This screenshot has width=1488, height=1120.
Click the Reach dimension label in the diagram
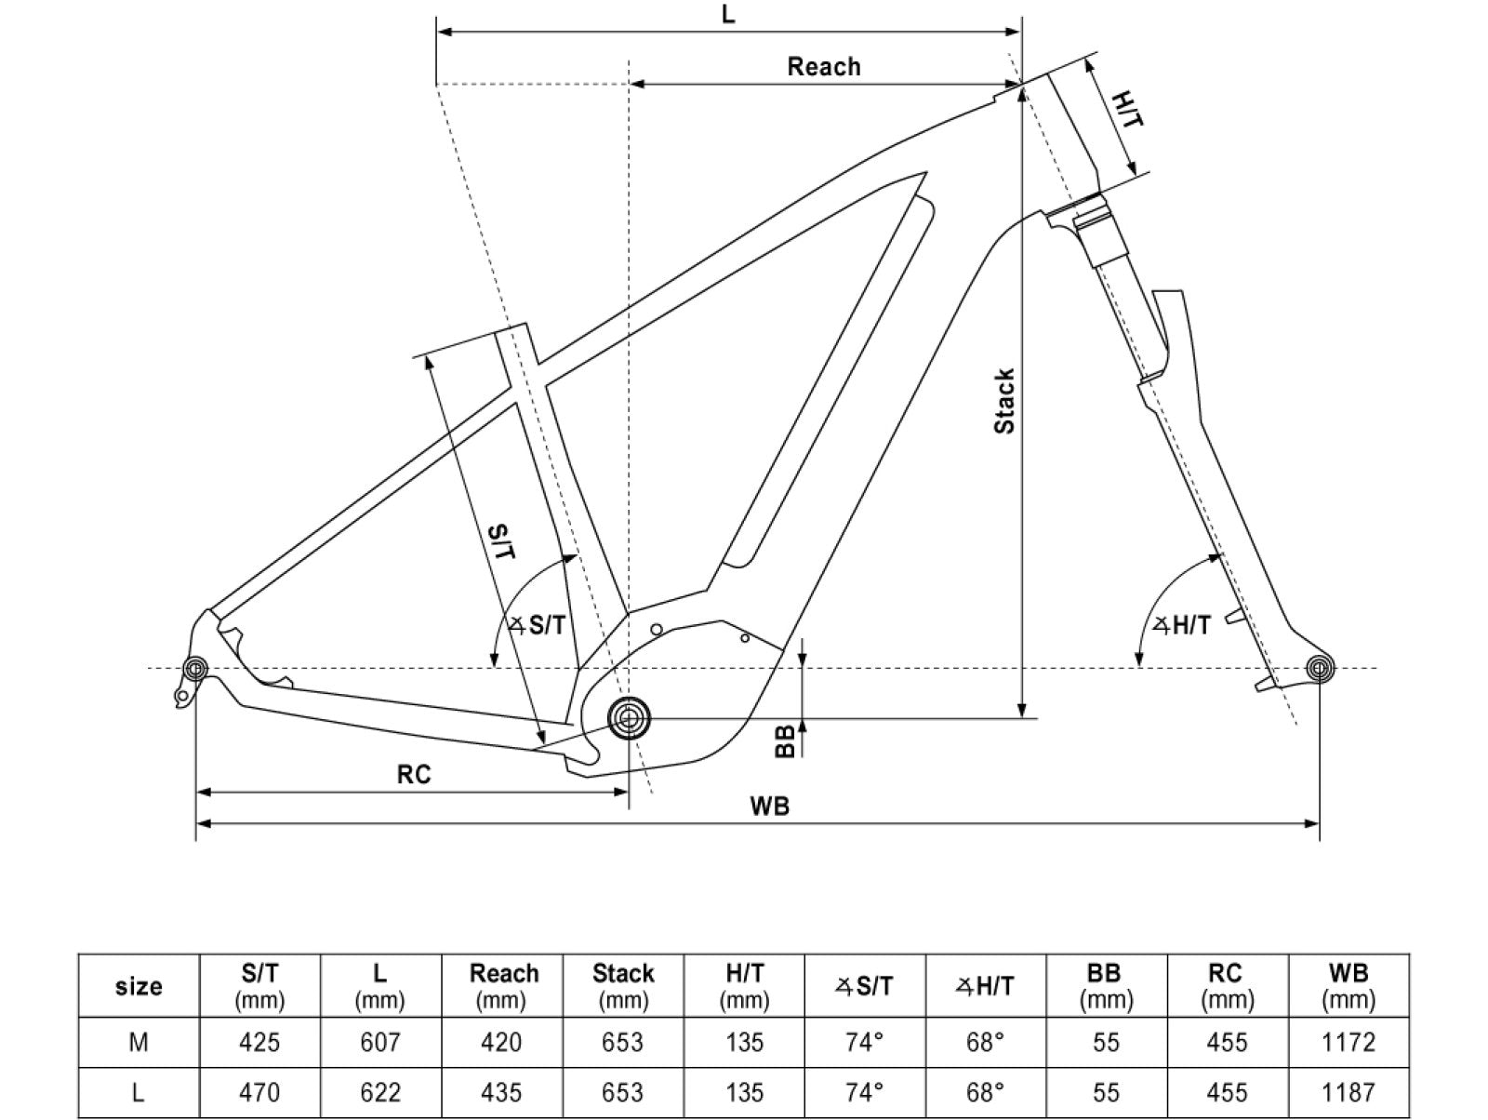point(824,67)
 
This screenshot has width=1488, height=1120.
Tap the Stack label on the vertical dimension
point(1005,401)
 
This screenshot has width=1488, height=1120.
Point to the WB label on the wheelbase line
point(769,807)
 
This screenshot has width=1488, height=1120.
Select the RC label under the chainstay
point(414,774)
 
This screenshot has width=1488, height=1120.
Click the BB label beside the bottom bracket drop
point(786,740)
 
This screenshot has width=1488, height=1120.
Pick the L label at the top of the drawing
point(728,15)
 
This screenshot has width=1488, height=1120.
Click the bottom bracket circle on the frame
point(629,718)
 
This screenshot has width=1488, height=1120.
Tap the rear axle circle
point(195,669)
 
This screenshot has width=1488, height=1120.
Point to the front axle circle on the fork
point(1319,668)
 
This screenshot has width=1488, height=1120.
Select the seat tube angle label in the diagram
point(538,625)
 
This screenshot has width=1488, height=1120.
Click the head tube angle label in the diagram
point(1181,625)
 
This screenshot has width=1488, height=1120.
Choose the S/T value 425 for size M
point(259,1043)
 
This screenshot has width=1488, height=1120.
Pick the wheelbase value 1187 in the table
point(1348,1092)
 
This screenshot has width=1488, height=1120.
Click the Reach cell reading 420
point(502,1043)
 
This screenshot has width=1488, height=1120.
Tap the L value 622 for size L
point(379,1092)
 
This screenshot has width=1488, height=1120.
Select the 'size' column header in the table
point(139,986)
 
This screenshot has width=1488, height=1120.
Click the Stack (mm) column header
point(623,986)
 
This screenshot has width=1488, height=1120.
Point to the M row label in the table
point(139,1043)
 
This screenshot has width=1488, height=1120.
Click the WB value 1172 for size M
point(1348,1043)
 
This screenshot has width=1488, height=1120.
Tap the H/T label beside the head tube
point(1128,109)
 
